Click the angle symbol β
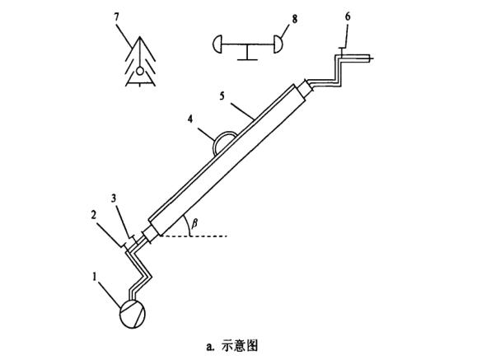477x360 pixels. click(x=194, y=222)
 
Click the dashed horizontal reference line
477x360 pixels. click(x=198, y=236)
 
